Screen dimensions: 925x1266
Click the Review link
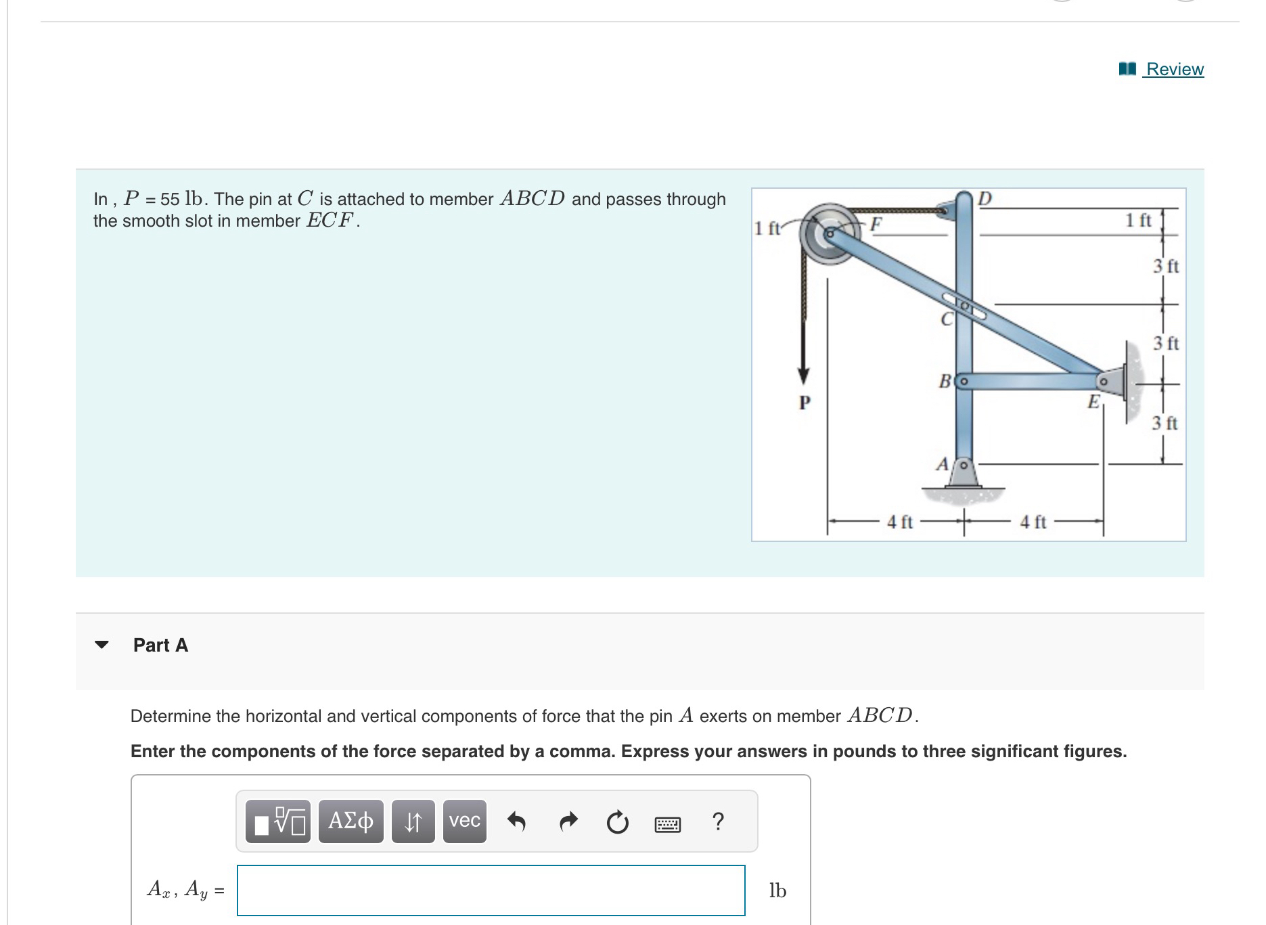coord(1174,70)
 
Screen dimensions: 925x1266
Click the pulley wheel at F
coord(826,234)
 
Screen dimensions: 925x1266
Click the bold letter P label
coord(805,403)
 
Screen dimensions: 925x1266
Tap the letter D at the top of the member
coord(985,198)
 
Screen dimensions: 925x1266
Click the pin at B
coord(964,382)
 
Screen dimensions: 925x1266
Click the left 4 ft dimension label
coord(899,522)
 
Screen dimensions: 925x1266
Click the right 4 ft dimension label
coord(1033,522)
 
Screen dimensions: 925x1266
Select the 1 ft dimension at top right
coord(1138,220)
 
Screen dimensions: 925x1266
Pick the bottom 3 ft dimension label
coord(1165,424)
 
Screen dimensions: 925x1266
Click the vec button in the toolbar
coord(464,821)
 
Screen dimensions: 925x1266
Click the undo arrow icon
coord(516,821)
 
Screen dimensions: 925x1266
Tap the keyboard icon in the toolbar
coord(667,824)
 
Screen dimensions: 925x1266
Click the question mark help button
coord(719,821)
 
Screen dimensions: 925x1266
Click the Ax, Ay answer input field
coord(491,890)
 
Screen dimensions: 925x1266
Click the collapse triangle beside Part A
coord(101,645)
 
